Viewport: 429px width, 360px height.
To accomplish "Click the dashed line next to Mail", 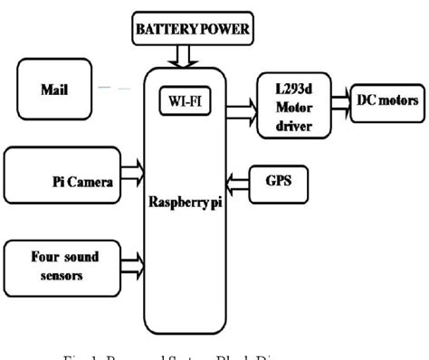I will pos(115,88).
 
